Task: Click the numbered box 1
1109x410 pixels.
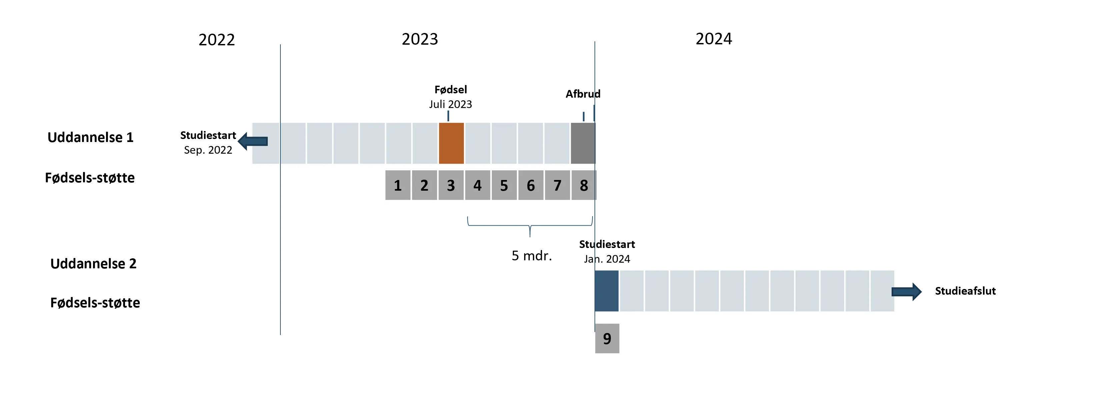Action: click(x=398, y=185)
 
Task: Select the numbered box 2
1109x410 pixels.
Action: click(x=424, y=185)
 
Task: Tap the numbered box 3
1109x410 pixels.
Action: click(x=451, y=185)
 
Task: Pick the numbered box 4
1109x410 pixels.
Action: click(x=477, y=185)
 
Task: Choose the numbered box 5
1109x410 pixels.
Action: click(x=504, y=185)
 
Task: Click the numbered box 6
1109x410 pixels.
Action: click(x=531, y=185)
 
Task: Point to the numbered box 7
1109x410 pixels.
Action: click(x=558, y=185)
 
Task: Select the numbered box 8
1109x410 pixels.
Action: click(x=584, y=185)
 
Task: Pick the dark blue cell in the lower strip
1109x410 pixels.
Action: click(x=607, y=291)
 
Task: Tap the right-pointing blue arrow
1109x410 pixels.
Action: click(x=907, y=292)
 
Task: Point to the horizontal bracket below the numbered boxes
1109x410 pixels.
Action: click(x=529, y=225)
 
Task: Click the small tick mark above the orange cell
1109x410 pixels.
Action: click(x=448, y=115)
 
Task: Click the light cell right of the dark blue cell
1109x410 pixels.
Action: click(x=632, y=291)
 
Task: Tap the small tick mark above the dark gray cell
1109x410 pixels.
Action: click(x=584, y=115)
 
